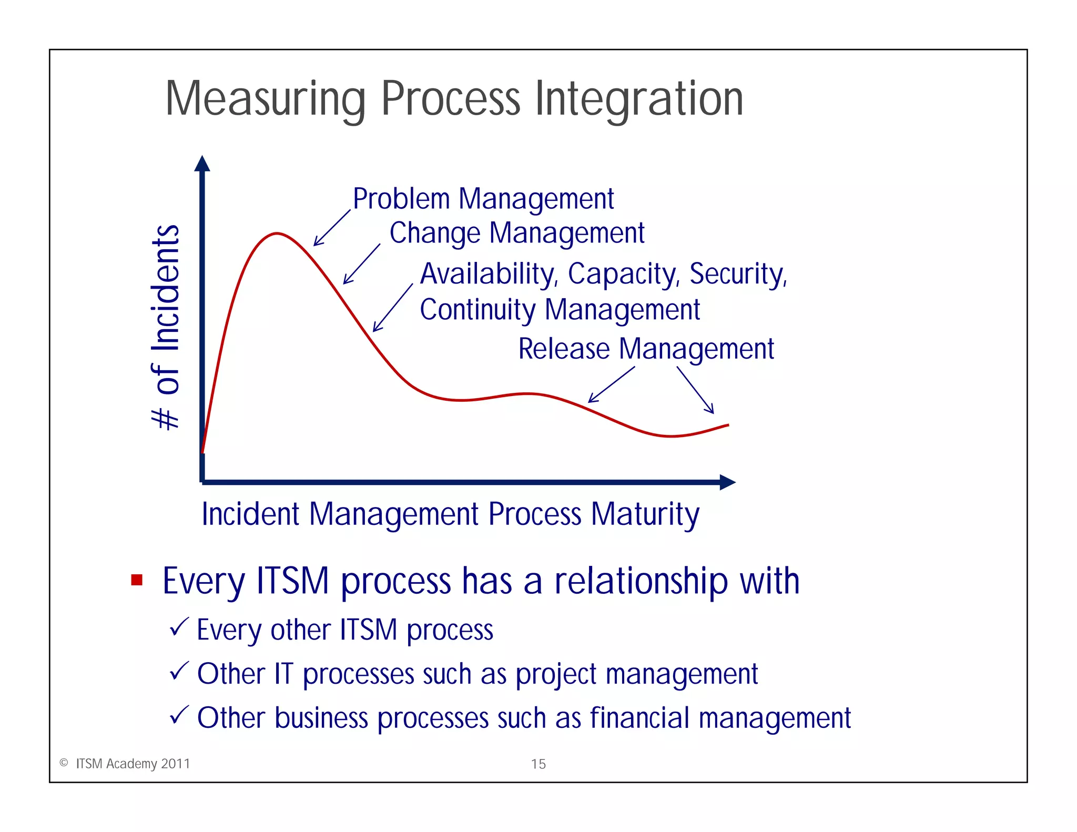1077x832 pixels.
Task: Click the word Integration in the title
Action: point(639,99)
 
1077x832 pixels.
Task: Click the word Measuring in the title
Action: point(265,99)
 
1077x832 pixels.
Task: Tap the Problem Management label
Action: point(483,199)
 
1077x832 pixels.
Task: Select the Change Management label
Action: point(516,233)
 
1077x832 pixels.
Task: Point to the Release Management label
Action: point(646,349)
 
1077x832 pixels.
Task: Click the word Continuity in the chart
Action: point(477,310)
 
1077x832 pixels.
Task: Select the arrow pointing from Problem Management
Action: point(331,228)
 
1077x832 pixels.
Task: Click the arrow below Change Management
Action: point(361,264)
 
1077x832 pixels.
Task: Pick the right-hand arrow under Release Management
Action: point(695,390)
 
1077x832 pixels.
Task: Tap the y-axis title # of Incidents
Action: point(166,327)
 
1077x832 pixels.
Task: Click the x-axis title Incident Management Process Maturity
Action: point(450,514)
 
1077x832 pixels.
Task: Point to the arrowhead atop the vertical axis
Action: point(202,164)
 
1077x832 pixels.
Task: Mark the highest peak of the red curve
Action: point(277,233)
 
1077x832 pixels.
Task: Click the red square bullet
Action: point(137,580)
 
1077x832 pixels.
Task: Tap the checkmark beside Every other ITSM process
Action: point(179,627)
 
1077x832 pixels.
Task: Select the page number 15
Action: point(538,764)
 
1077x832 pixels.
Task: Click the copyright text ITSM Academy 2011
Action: point(133,764)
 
